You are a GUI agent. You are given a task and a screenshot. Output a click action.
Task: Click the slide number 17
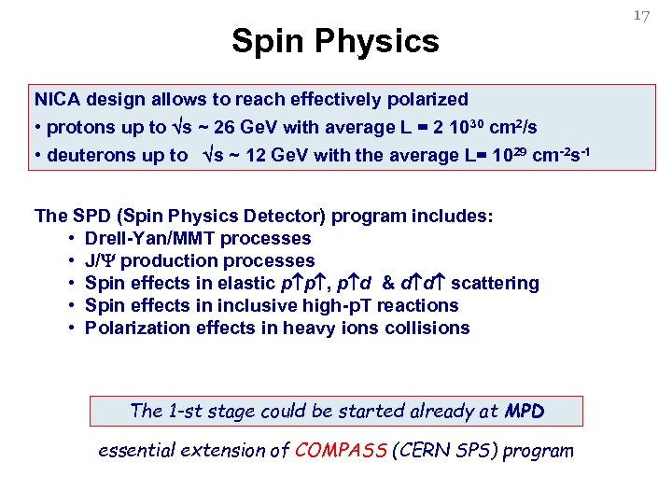pyautogui.click(x=640, y=15)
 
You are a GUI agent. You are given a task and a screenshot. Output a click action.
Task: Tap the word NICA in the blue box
pyautogui.click(x=57, y=99)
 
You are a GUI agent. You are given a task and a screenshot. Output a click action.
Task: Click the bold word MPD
pyautogui.click(x=524, y=411)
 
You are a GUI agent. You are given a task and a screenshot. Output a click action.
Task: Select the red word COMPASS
pyautogui.click(x=342, y=451)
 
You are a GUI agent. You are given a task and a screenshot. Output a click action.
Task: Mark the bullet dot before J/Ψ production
pyautogui.click(x=71, y=261)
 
